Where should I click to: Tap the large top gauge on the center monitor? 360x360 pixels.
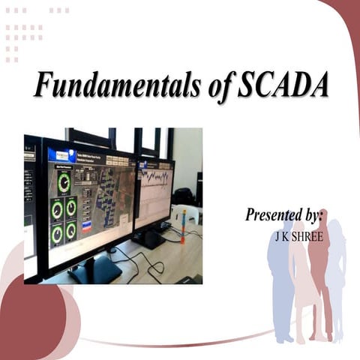64,181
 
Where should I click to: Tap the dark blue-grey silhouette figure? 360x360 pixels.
280,285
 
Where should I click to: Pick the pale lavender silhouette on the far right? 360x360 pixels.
336,277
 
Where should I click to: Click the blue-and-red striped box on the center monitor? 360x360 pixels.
85,226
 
